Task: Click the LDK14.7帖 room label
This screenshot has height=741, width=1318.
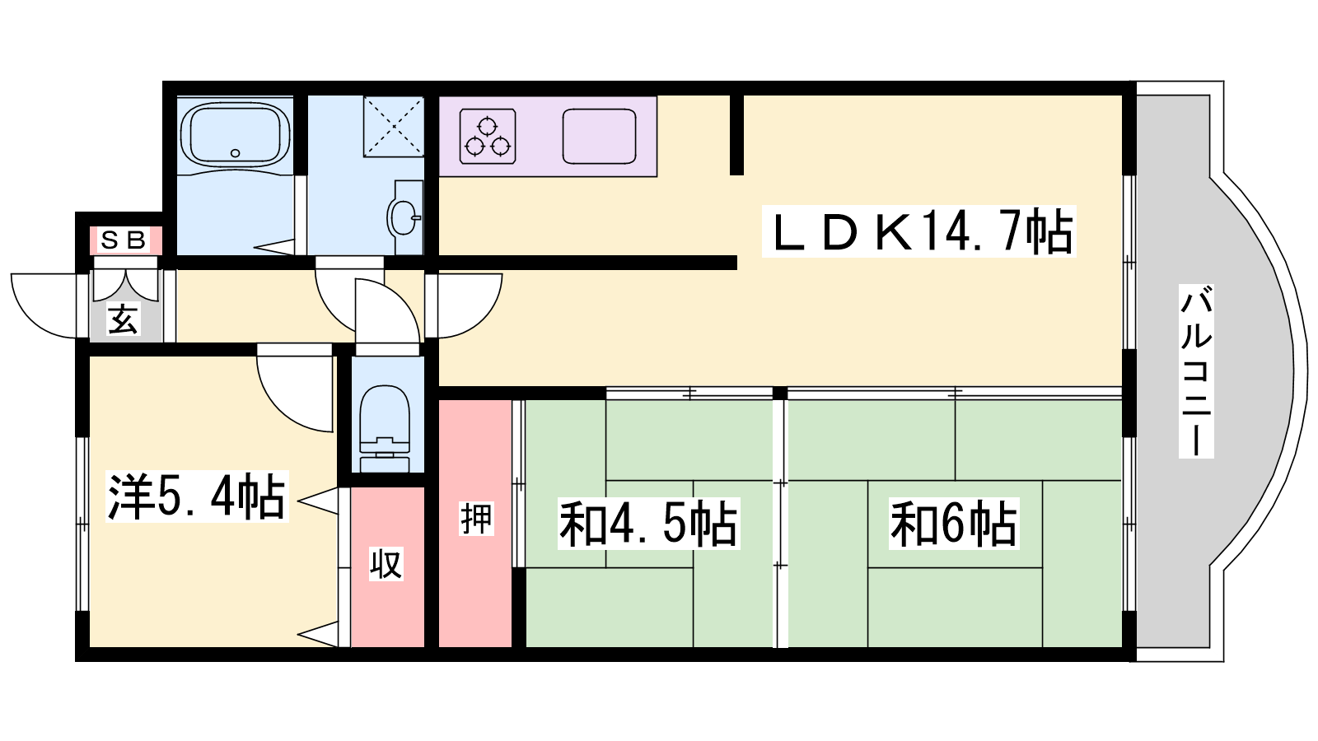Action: (x=919, y=231)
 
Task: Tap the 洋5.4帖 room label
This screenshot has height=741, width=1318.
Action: (x=197, y=496)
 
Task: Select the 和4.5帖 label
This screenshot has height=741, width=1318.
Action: (x=648, y=524)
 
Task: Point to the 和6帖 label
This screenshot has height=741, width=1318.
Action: (x=953, y=524)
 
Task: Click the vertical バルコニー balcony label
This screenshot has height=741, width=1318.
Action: (x=1196, y=371)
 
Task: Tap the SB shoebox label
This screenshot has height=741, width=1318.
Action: (x=124, y=240)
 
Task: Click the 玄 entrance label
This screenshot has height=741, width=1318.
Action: (x=123, y=319)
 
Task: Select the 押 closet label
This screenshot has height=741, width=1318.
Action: (x=476, y=519)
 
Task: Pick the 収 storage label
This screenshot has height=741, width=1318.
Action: (x=386, y=563)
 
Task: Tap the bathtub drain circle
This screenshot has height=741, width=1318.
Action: (x=236, y=153)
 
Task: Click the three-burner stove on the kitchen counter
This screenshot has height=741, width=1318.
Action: (x=488, y=136)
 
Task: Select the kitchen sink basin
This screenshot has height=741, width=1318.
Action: (x=599, y=137)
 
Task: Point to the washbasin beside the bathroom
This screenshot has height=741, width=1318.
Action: (x=404, y=217)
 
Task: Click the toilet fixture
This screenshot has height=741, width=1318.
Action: (x=385, y=429)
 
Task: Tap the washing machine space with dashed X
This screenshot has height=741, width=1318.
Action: (x=394, y=127)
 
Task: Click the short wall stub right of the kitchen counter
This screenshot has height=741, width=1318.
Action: (x=736, y=135)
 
